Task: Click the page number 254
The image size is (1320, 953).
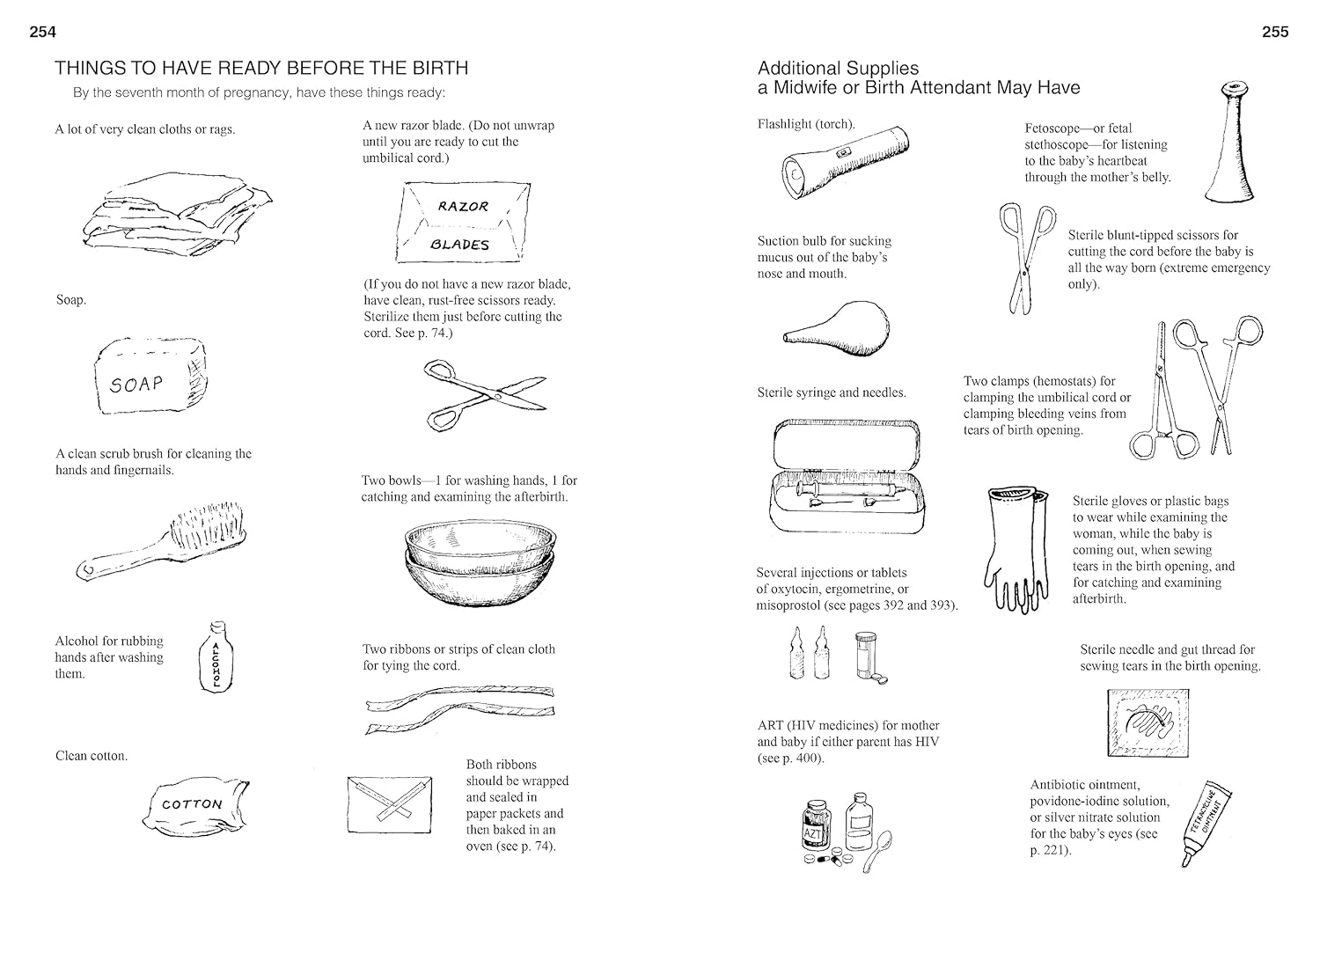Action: pos(42,32)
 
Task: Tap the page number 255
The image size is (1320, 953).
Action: pos(1274,32)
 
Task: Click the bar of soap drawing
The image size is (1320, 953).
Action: pos(151,378)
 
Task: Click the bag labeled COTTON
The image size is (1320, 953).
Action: pos(194,804)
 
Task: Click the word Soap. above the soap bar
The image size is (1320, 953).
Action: pos(70,300)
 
